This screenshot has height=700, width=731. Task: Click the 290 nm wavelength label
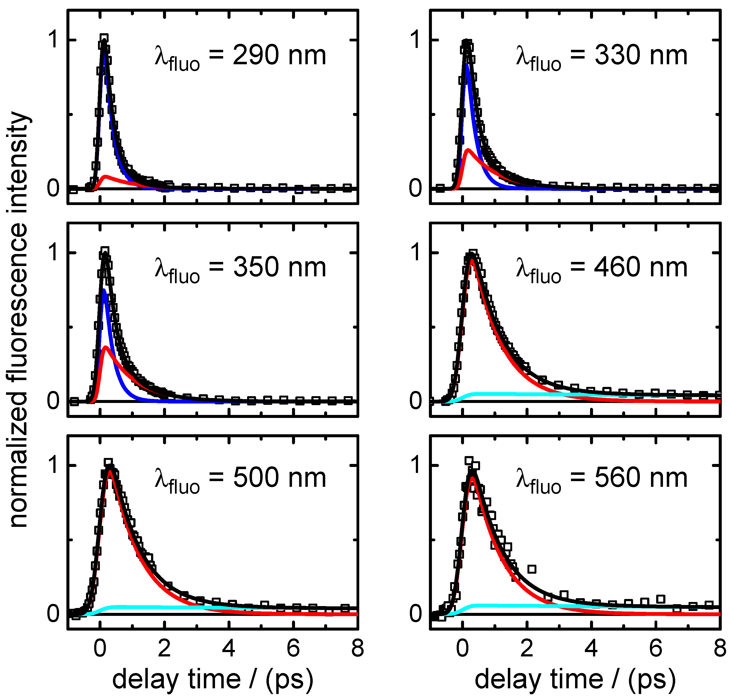[240, 56]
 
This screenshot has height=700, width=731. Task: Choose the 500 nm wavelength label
[240, 479]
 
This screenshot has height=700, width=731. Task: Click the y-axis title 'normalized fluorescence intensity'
[19, 319]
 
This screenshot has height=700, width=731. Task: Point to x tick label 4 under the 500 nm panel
[229, 649]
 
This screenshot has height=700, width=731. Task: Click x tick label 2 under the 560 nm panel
[526, 649]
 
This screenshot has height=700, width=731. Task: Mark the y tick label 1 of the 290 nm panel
[54, 39]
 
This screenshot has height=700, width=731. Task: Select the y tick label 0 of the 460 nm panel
[416, 401]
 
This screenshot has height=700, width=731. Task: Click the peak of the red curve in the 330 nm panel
[468, 150]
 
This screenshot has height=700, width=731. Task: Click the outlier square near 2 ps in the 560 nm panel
[532, 569]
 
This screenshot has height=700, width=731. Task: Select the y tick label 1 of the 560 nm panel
[417, 465]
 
